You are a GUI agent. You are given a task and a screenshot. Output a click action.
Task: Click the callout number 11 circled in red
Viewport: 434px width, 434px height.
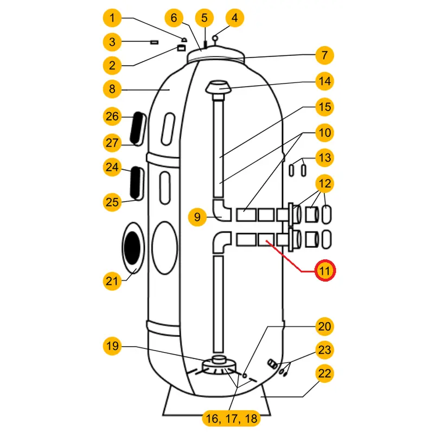[324, 270]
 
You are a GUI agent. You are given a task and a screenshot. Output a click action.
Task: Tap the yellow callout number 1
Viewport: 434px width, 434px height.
[112, 18]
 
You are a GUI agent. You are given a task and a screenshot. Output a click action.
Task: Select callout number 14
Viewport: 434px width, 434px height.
[324, 81]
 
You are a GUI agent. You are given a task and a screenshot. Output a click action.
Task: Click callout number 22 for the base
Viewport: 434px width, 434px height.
[324, 374]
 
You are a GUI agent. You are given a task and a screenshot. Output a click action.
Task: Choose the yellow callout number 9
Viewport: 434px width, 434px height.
[198, 218]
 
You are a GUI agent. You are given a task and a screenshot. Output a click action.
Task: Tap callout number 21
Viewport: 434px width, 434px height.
[112, 280]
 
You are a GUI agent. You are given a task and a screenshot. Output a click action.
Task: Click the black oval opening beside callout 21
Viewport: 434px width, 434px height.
[132, 247]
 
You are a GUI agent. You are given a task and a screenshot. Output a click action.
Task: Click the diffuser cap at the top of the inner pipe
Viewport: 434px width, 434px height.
[219, 87]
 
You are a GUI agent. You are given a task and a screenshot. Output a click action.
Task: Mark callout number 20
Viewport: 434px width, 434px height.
[324, 327]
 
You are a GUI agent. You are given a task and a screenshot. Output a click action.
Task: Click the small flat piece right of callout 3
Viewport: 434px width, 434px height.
[154, 41]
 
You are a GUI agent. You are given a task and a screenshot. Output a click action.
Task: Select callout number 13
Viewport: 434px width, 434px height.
[324, 158]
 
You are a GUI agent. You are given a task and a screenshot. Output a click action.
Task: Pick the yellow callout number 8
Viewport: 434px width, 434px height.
[112, 89]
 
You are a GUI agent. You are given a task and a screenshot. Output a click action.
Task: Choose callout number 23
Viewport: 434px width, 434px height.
[324, 350]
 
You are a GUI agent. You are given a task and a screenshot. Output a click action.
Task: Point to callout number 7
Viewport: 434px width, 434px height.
[324, 55]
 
